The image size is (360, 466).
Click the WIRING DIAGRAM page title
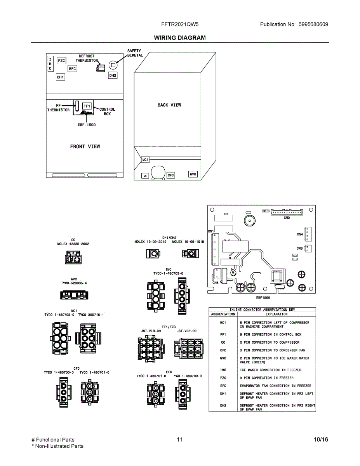(x=180, y=38)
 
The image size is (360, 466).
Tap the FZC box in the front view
(x=61, y=61)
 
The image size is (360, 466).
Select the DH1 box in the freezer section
(x=60, y=77)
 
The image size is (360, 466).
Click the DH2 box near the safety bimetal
(x=113, y=75)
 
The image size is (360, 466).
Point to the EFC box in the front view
(x=72, y=69)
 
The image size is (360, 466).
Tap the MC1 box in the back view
(x=145, y=160)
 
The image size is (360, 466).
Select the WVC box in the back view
(x=193, y=174)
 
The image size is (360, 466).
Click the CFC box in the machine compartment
(x=170, y=176)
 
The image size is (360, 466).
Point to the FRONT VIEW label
(x=85, y=146)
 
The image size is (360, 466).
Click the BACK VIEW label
(x=169, y=105)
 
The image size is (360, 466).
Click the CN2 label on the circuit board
(x=287, y=218)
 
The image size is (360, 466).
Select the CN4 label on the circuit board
(x=300, y=235)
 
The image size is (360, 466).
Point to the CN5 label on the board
(x=215, y=283)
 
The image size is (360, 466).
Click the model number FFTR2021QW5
(x=180, y=24)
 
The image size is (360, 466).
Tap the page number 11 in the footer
(x=180, y=440)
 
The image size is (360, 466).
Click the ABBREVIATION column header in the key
(x=223, y=314)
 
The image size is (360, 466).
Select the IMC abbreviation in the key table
(x=223, y=370)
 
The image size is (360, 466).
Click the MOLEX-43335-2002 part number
(x=73, y=244)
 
